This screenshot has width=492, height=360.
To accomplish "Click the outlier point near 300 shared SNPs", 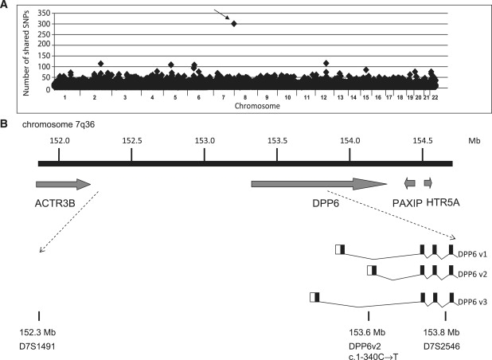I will (x=234, y=24).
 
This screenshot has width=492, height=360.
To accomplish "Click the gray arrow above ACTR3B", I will (x=64, y=184).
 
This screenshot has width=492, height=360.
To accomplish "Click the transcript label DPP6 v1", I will (x=472, y=253).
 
